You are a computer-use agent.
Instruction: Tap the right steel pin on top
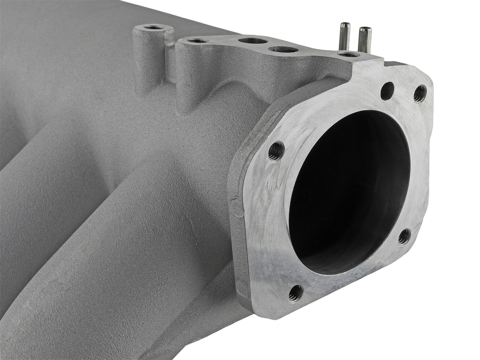[x=364, y=39]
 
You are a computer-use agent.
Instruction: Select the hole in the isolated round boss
[x=153, y=28]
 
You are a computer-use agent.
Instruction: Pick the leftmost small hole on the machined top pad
[x=197, y=41]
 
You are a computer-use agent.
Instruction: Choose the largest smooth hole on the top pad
[x=253, y=40]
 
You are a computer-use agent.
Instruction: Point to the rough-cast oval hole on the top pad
[x=283, y=49]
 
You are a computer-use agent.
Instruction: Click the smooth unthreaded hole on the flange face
[x=387, y=91]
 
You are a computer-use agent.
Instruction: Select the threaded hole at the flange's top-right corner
[x=420, y=94]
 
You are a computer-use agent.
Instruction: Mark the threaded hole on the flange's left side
[x=276, y=151]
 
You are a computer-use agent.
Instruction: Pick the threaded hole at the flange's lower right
[x=404, y=236]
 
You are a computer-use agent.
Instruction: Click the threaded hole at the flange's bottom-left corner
[x=295, y=293]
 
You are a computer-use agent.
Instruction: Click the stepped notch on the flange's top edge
[x=389, y=63]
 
